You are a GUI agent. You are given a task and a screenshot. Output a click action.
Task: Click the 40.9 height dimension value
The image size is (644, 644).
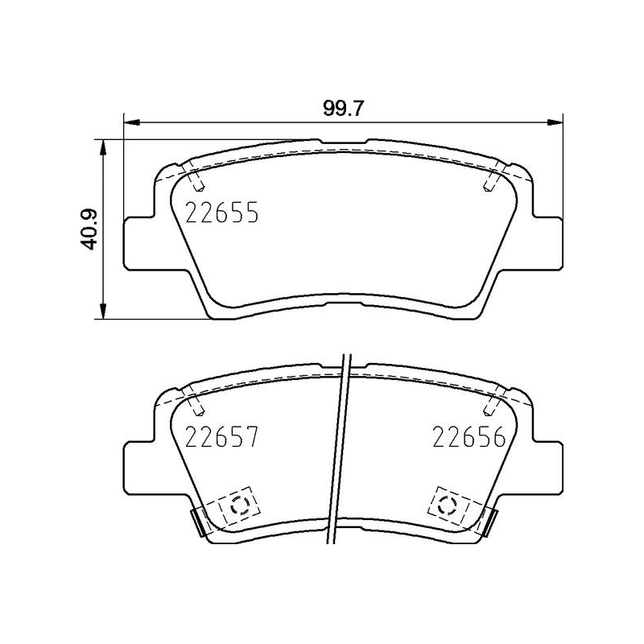click(x=90, y=229)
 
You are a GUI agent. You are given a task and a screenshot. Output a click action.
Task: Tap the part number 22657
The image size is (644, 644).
click(x=221, y=437)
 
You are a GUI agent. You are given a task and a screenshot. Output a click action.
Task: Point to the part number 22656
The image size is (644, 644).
click(x=469, y=437)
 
